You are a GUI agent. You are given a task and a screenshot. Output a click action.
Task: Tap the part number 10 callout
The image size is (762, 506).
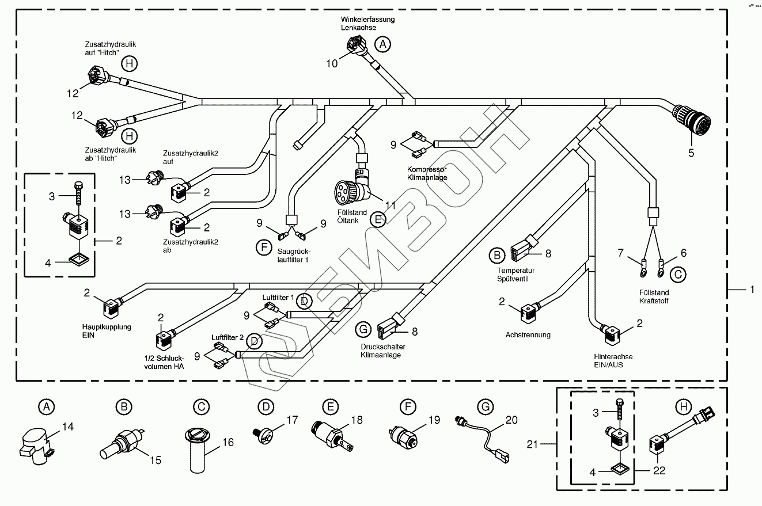pyautogui.click(x=332, y=63)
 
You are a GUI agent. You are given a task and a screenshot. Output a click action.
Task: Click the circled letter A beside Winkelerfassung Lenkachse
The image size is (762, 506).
pyautogui.click(x=382, y=43)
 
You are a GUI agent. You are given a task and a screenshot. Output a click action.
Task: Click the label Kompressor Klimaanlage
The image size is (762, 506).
pyautogui.click(x=427, y=173)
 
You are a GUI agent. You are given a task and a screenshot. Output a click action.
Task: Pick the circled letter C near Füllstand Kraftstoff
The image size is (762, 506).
pyautogui.click(x=678, y=275)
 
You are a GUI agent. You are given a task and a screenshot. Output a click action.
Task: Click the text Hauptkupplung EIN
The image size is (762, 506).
pyautogui.click(x=107, y=330)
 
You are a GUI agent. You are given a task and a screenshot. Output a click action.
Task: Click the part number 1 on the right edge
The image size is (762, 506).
pyautogui.click(x=751, y=290)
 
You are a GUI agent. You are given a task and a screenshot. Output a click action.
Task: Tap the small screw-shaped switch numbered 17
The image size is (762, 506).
pyautogui.click(x=263, y=433)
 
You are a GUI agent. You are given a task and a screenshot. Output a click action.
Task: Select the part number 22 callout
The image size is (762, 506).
pyautogui.click(x=659, y=470)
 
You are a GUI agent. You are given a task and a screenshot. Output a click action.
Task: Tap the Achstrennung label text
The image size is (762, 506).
pyautogui.click(x=528, y=334)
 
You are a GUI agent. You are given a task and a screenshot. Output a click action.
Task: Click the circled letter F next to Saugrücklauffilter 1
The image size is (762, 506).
pyautogui.click(x=263, y=248)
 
